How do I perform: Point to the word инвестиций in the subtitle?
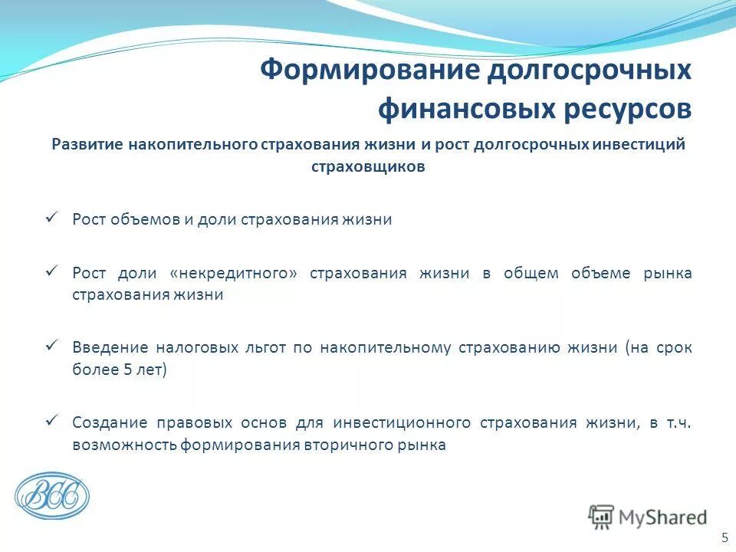[645, 145]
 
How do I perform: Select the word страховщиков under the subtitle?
[368, 166]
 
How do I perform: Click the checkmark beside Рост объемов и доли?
[52, 218]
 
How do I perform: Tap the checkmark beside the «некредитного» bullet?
[52, 271]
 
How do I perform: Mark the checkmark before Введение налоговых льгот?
[52, 346]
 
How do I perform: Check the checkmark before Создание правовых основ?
[52, 420]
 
